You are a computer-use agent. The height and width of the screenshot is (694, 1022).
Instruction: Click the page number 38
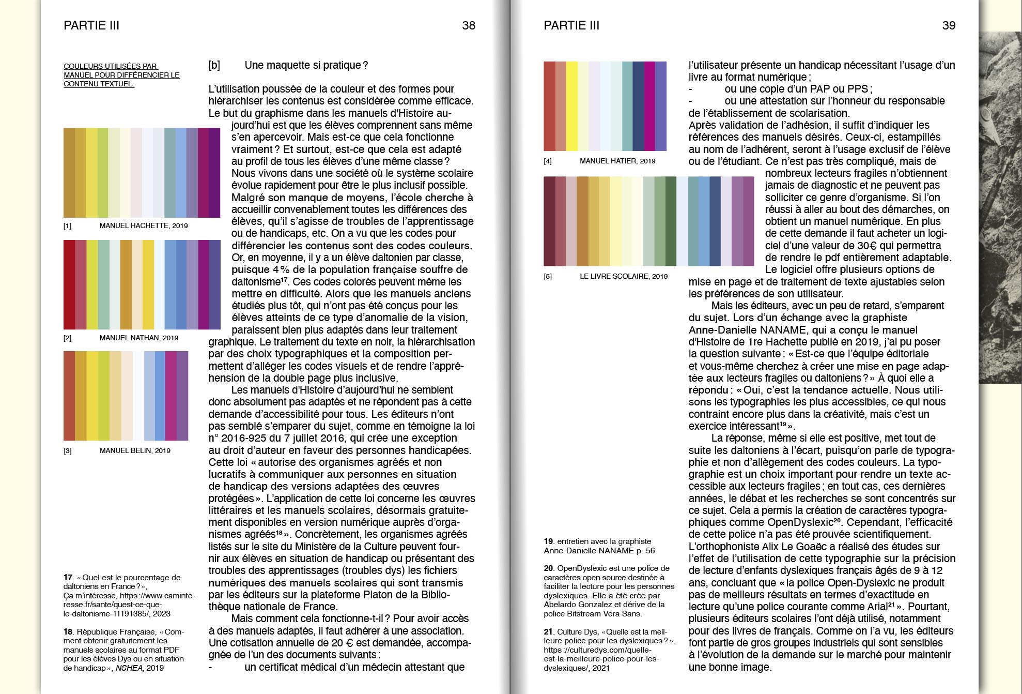click(468, 25)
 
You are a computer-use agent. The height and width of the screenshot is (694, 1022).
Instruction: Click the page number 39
click(949, 25)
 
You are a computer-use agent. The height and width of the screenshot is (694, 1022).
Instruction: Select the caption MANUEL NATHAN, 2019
click(138, 338)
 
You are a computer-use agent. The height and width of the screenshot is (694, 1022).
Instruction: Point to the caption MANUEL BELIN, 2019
click(134, 450)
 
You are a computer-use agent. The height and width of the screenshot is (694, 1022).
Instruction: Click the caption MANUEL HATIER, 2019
click(617, 161)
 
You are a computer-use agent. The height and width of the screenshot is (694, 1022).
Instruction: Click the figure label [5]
click(548, 276)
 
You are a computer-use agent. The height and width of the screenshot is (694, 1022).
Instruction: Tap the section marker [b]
click(214, 65)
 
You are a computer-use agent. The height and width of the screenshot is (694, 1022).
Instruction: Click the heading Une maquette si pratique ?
click(306, 65)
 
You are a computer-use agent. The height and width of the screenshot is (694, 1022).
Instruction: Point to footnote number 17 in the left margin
click(68, 577)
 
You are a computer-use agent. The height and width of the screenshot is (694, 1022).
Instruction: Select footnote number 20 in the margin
click(548, 568)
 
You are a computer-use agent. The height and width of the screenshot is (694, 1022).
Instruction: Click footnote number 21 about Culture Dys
click(548, 631)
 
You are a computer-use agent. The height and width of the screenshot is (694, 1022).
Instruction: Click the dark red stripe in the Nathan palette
click(69, 284)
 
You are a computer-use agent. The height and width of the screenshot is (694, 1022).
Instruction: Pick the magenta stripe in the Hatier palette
click(649, 106)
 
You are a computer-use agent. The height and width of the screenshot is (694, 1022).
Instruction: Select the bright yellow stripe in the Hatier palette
click(571, 106)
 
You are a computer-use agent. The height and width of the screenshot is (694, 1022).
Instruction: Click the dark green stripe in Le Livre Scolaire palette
click(671, 221)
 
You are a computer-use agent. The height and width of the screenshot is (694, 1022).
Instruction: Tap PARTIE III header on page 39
click(571, 25)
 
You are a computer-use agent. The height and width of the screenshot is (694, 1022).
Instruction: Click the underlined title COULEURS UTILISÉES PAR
click(111, 66)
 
